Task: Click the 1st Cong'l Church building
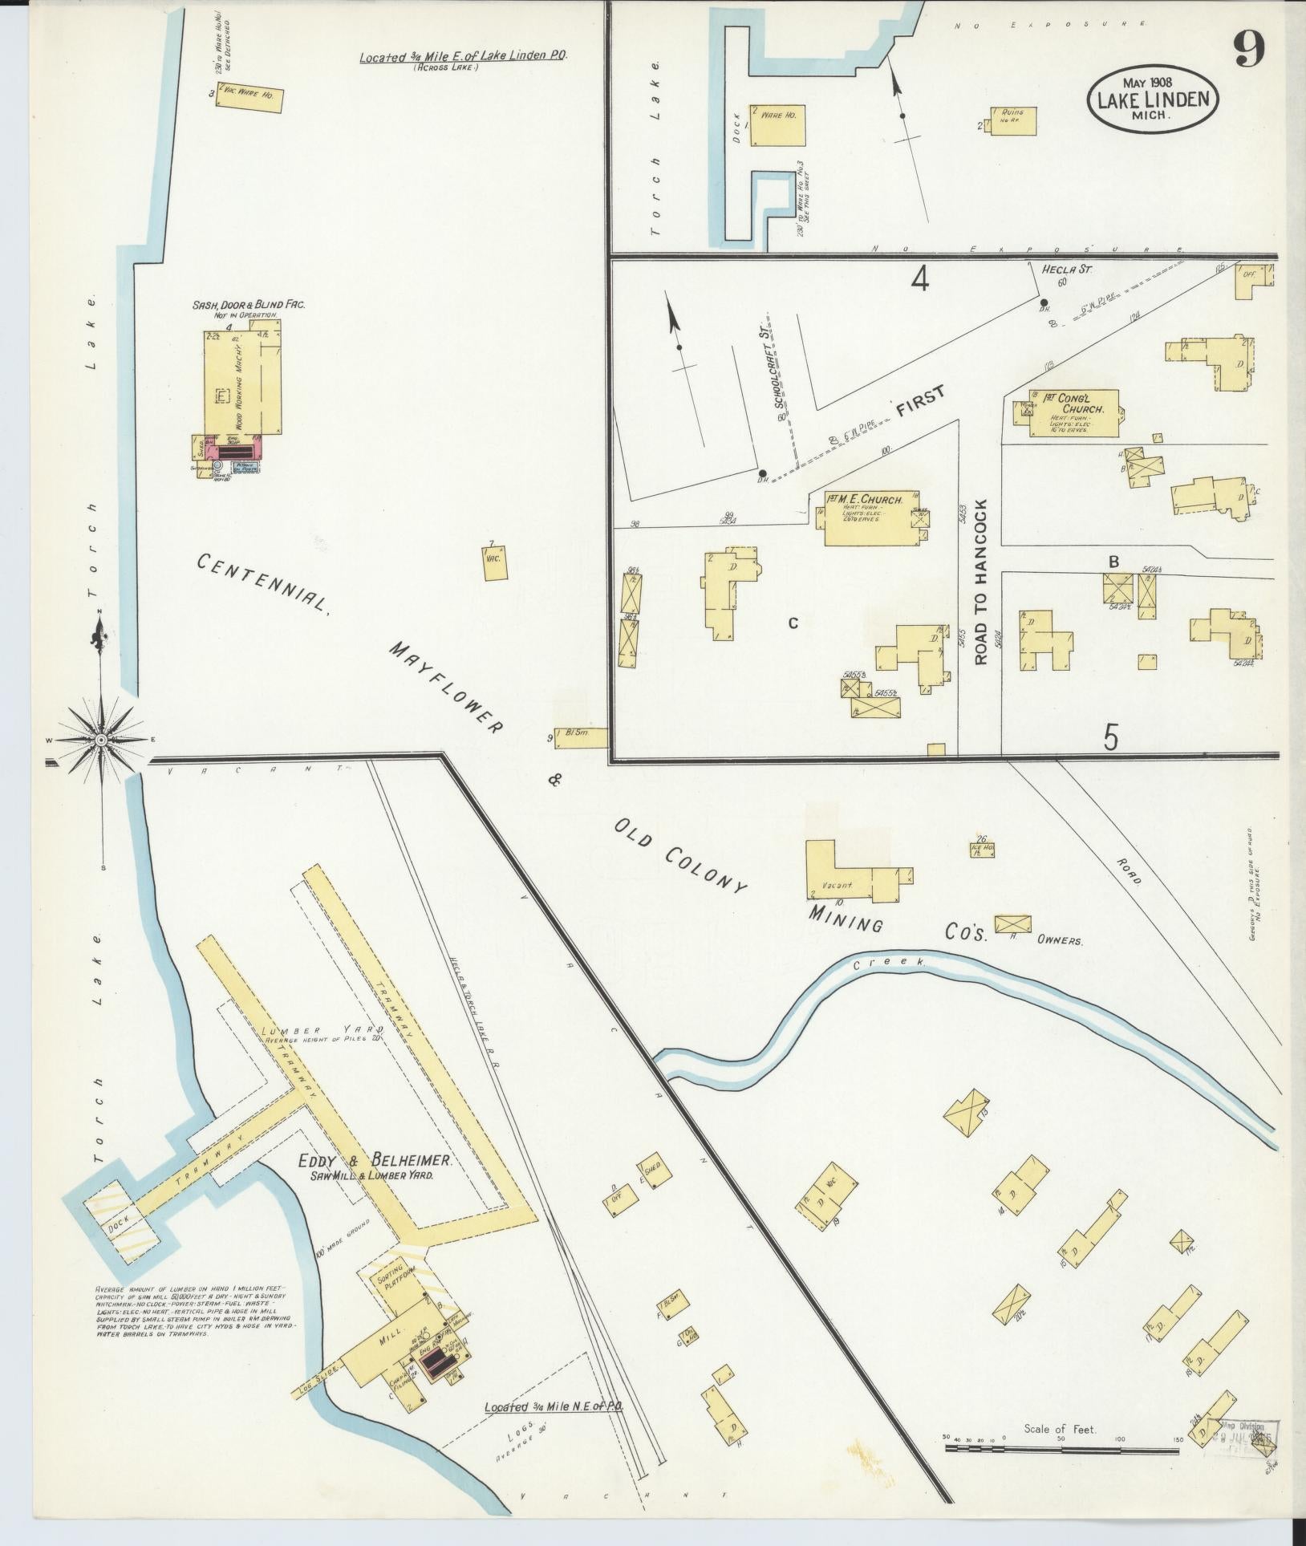[1075, 413]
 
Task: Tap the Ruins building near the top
[1012, 120]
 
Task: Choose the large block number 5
[1110, 736]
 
